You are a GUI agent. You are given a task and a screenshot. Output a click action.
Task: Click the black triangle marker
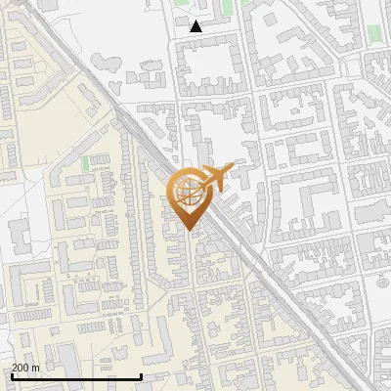click(x=196, y=26)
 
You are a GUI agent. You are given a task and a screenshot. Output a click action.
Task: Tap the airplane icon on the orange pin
click(x=216, y=179)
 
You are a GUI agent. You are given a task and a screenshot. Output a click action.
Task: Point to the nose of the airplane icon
click(x=233, y=168)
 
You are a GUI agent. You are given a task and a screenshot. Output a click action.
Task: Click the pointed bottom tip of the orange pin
click(x=190, y=231)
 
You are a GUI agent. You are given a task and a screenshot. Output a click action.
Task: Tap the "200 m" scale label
click(x=25, y=368)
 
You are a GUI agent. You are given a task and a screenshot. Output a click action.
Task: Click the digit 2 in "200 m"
click(x=15, y=368)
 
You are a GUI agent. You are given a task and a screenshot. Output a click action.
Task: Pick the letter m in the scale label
click(x=35, y=368)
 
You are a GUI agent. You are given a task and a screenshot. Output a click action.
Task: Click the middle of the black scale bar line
click(x=76, y=376)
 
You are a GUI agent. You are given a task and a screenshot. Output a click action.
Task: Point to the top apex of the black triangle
click(x=196, y=21)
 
